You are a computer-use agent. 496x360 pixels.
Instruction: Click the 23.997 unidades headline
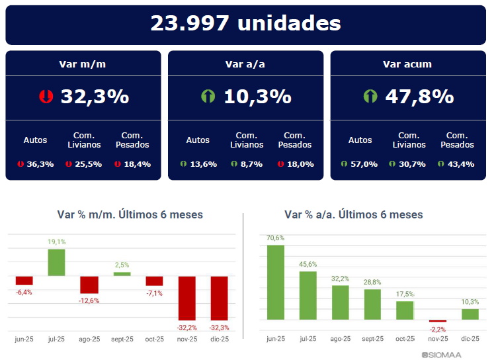point(245,24)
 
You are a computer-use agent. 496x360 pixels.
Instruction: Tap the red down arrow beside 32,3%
point(46,97)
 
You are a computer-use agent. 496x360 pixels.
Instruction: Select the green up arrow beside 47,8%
point(370,97)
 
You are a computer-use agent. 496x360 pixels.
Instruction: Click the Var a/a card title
point(245,64)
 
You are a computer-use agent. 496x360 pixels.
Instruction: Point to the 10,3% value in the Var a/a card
point(257,97)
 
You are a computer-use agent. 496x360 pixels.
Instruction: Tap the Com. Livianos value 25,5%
point(87,164)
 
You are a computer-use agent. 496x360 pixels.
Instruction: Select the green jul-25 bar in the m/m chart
point(56,262)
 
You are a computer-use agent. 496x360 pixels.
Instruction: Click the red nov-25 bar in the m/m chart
point(187,297)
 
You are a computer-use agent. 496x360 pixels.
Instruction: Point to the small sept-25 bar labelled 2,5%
point(122,273)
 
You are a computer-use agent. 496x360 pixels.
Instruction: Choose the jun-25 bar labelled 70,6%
point(276,282)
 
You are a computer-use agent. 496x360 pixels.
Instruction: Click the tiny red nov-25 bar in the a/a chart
point(438,321)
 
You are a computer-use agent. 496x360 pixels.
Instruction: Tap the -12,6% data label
point(89,300)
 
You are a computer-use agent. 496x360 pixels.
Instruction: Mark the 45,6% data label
point(308,265)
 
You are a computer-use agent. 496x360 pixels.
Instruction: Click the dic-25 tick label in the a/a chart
point(470,339)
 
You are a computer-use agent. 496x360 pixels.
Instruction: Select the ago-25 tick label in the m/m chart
point(89,339)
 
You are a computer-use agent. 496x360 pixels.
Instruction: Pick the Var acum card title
point(407,64)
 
